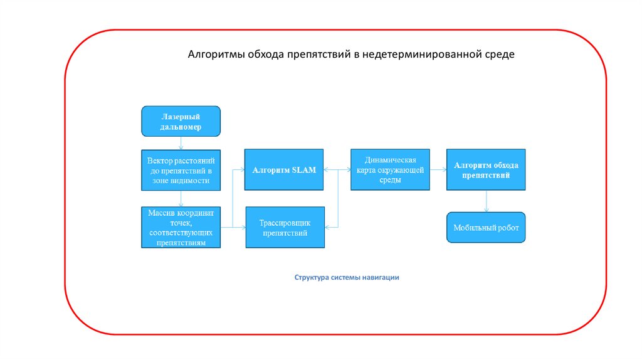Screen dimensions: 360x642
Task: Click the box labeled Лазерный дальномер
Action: (181, 121)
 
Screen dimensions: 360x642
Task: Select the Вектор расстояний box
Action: (181, 170)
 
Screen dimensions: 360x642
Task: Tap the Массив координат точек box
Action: (181, 227)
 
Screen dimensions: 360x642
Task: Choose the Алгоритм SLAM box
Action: (284, 170)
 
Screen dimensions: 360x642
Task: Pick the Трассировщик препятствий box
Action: (285, 227)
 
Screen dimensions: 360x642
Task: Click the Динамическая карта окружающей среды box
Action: (390, 170)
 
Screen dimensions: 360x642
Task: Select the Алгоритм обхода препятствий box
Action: (486, 170)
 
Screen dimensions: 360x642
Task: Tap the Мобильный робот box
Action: (486, 227)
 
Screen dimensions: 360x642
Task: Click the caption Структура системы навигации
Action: (347, 277)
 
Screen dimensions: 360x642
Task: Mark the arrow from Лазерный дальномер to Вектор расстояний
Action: (181, 142)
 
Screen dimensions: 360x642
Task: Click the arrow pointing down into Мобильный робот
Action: (486, 201)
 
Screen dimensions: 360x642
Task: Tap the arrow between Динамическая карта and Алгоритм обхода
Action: (438, 169)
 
